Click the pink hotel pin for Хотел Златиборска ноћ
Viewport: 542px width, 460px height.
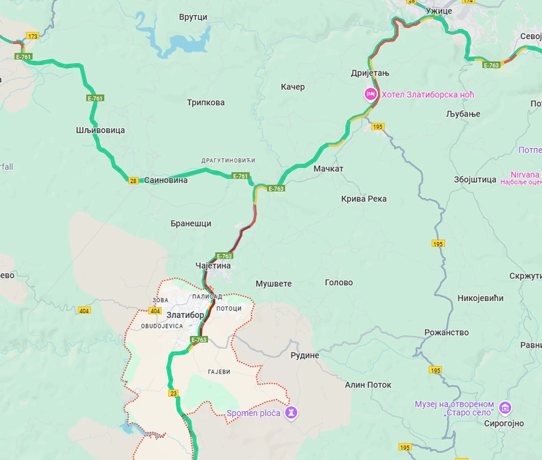point(370,95)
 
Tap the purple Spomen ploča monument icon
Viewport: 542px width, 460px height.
point(292,413)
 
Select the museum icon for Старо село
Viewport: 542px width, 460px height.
point(506,409)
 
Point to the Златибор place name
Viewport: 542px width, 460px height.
point(185,315)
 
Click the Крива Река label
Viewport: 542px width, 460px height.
point(364,199)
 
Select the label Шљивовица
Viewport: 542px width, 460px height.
point(100,130)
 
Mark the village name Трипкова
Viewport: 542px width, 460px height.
point(206,103)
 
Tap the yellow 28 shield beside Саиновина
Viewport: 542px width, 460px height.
point(133,180)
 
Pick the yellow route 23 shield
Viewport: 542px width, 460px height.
point(173,393)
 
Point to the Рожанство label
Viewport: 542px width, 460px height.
point(447,332)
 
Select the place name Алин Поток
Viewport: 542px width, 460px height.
point(368,385)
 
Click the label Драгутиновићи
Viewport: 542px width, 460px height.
point(228,160)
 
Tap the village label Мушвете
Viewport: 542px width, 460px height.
point(273,283)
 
